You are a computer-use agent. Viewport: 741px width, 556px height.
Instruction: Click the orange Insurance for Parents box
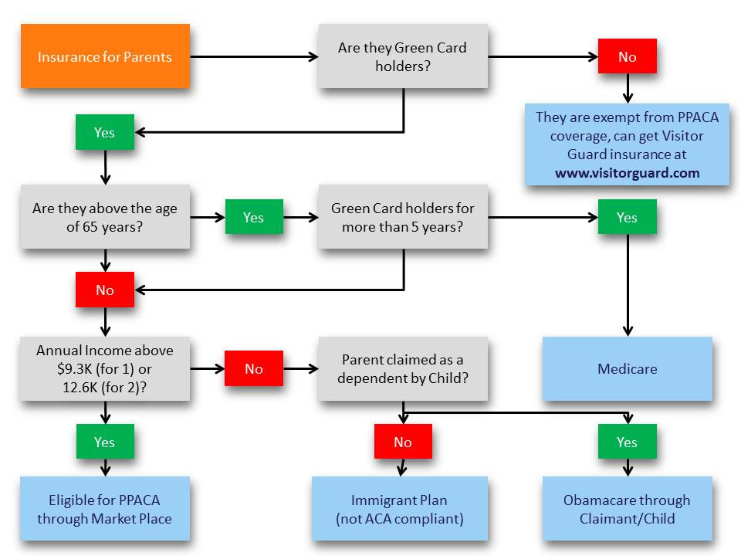(x=104, y=56)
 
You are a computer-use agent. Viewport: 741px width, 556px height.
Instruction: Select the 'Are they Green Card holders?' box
(x=402, y=56)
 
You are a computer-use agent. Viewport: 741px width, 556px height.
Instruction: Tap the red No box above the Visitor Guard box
(x=627, y=56)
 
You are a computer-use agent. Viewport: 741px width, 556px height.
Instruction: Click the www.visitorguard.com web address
(x=627, y=172)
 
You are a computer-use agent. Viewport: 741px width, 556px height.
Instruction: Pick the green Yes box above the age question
(x=104, y=133)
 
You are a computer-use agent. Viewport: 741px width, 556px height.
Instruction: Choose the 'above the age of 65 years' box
(x=104, y=217)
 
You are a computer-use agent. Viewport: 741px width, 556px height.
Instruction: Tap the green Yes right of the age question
(x=253, y=217)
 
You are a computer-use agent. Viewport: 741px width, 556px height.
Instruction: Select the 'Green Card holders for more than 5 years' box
(x=402, y=217)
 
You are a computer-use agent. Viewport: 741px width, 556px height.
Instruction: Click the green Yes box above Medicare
(x=627, y=217)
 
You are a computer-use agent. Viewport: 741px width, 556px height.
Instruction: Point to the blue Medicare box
(x=627, y=368)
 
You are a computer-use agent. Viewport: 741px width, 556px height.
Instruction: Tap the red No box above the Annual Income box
(x=104, y=290)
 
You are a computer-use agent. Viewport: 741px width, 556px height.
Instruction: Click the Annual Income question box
(x=104, y=368)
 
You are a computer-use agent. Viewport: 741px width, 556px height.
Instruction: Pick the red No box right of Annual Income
(x=253, y=368)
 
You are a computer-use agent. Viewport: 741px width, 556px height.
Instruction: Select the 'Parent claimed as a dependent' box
(x=402, y=368)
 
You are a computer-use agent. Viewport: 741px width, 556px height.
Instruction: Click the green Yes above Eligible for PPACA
(x=104, y=442)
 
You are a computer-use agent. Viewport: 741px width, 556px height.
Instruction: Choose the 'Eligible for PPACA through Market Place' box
(x=104, y=509)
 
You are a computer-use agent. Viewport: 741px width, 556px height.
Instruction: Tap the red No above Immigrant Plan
(x=402, y=442)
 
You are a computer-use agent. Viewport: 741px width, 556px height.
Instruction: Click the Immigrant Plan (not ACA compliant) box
(x=400, y=509)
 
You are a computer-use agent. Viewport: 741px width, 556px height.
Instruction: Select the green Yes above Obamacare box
(x=627, y=442)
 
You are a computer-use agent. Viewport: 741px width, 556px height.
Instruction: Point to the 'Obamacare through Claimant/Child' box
(x=627, y=509)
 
